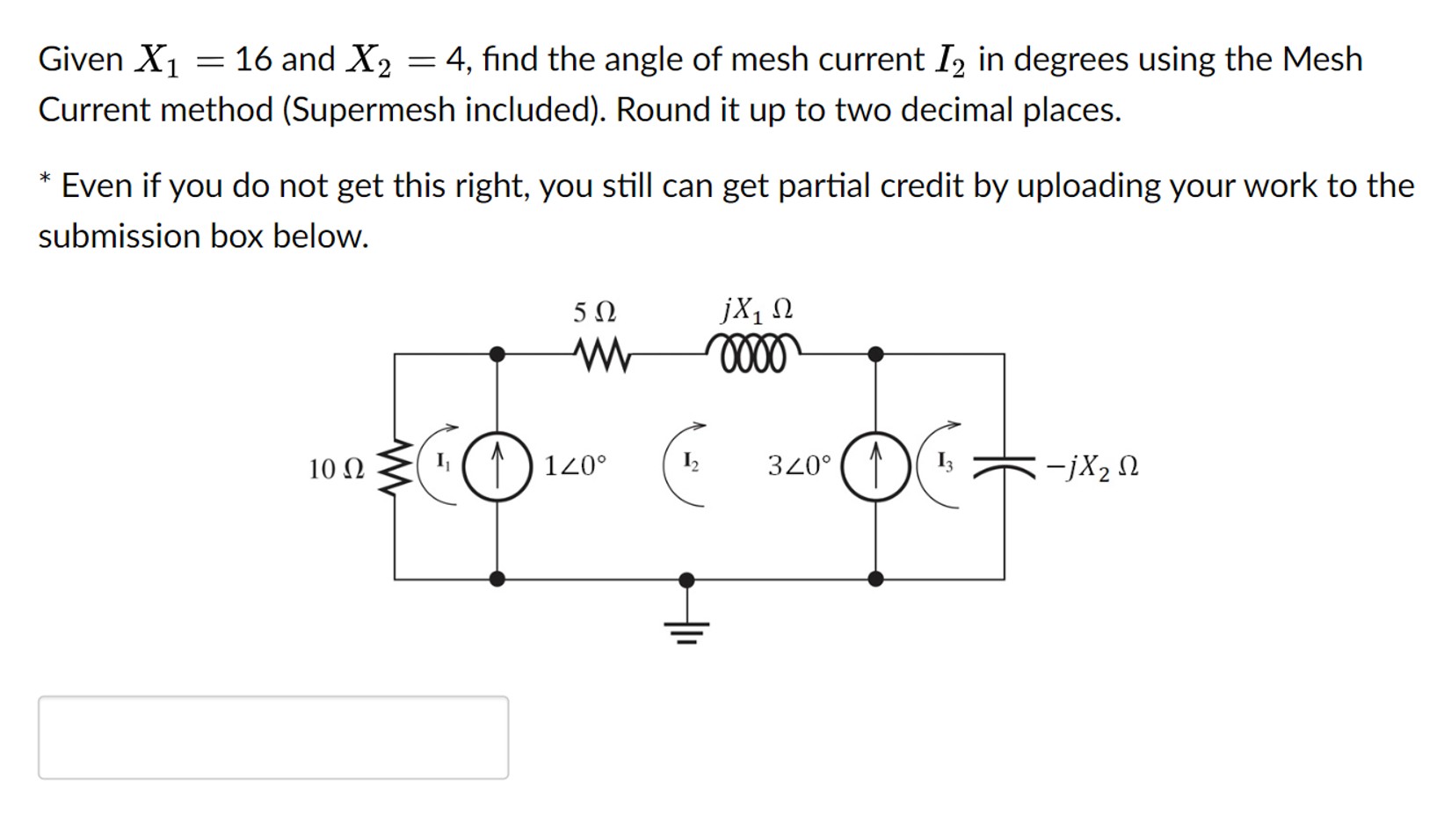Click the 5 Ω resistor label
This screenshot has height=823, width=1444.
coord(594,312)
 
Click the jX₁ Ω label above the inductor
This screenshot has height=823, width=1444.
coord(757,310)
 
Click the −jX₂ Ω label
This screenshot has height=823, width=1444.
coord(1092,467)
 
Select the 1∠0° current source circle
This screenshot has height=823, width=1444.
coord(497,466)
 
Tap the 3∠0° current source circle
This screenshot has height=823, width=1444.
coord(875,466)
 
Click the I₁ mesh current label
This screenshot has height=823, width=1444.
coord(443,460)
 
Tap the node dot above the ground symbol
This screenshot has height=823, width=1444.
coord(687,579)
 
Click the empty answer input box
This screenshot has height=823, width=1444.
coord(273,737)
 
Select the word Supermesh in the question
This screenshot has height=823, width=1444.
coord(373,110)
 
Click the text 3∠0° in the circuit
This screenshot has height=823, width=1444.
coord(799,465)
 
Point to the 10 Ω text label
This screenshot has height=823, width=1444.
coord(336,469)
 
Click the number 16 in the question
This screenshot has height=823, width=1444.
coord(254,60)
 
